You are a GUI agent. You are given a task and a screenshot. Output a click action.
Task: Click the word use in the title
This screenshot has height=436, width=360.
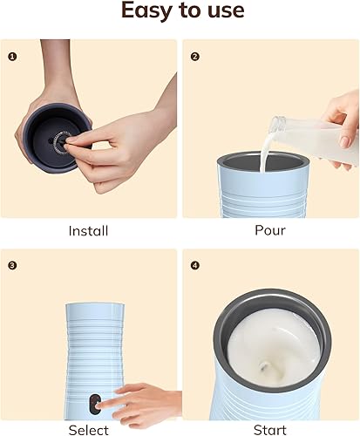tap(226, 11)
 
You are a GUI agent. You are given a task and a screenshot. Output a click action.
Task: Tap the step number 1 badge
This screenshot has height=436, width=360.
tap(12, 57)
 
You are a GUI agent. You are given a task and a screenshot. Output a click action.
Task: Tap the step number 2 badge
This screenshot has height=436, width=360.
tap(195, 57)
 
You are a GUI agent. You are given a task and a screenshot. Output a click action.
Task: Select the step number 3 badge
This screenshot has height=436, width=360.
tap(12, 265)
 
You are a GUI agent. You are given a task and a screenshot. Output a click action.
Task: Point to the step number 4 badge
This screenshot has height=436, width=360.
tap(195, 265)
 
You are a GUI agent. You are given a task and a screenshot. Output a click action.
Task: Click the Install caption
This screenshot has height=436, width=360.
tap(88, 231)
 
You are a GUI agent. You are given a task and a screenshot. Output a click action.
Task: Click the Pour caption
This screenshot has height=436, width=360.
tap(270, 230)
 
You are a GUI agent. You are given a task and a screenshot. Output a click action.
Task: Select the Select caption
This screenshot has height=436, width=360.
tap(89, 430)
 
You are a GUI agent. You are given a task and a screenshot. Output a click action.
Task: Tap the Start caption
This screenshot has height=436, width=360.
tap(270, 430)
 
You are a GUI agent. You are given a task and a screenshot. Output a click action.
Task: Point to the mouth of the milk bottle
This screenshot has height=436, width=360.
tap(276, 123)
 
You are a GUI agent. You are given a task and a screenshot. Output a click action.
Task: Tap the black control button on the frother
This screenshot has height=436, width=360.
tap(94, 404)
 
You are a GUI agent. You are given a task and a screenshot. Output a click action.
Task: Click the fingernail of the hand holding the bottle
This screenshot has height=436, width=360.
tap(345, 142)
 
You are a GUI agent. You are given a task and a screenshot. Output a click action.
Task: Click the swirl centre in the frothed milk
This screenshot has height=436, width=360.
tap(265, 367)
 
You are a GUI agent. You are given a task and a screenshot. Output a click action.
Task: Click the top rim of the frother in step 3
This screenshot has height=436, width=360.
tap(95, 305)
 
